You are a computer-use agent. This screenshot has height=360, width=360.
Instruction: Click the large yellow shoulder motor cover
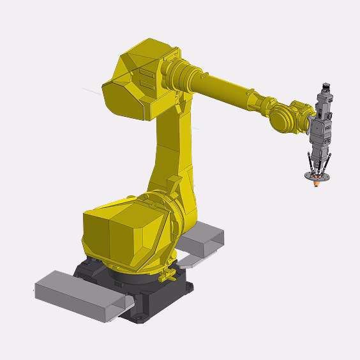(x=121, y=230)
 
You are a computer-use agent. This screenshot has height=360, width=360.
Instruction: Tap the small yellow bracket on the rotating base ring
(x=169, y=276)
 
